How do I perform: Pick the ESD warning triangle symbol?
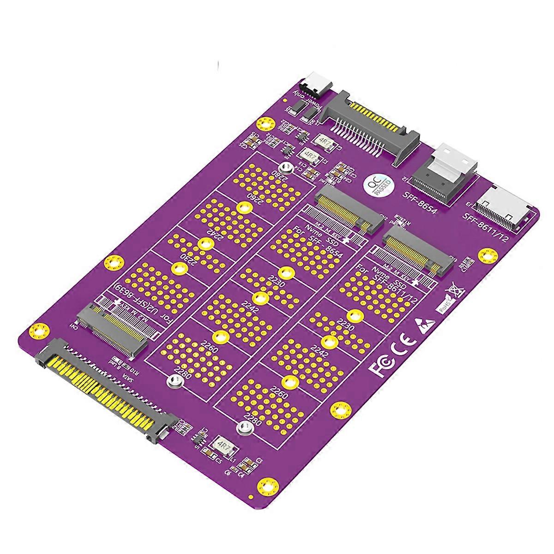[423, 323]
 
